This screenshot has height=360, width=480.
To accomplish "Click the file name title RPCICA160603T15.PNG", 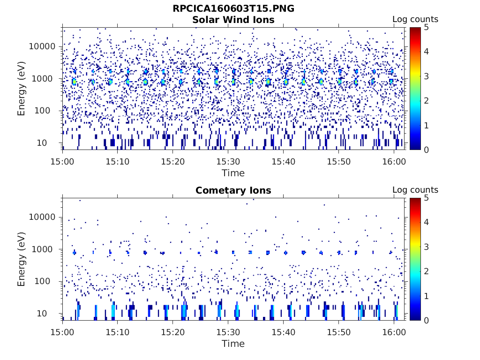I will [233, 9].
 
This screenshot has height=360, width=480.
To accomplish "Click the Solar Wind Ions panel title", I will [233, 20].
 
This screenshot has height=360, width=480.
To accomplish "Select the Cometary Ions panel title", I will [233, 190].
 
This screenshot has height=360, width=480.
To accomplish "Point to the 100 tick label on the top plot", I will [49, 111].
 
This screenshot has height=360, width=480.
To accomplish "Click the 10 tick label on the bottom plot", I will [51, 313].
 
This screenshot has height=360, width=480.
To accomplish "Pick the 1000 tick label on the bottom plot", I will [46, 249].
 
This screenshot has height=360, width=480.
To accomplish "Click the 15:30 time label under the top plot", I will [228, 162].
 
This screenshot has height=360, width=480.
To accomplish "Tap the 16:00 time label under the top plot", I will [393, 162].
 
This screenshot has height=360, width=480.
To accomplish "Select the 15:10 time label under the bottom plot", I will [118, 332].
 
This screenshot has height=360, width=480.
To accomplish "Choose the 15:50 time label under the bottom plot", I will [338, 332].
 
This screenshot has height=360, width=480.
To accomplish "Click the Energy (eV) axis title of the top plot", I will [22, 88].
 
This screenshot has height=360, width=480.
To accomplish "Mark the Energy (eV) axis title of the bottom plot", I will [22, 259].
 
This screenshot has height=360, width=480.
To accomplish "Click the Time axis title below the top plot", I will [233, 173].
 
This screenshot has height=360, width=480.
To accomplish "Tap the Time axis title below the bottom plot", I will [233, 344].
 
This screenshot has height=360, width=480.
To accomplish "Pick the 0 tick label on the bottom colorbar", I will [427, 320].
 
